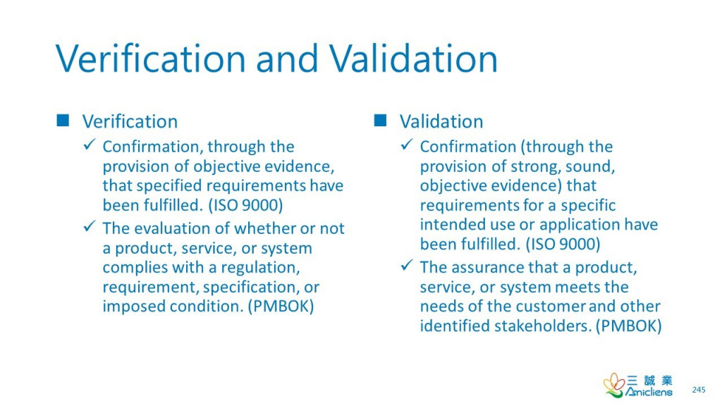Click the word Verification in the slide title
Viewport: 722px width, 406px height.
click(x=151, y=59)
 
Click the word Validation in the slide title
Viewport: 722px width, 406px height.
click(x=413, y=59)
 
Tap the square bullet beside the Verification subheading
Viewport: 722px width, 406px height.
click(x=63, y=121)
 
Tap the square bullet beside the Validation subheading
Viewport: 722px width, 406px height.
click(x=380, y=121)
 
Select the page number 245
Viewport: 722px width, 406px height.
click(x=699, y=390)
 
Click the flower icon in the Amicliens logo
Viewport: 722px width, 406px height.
click(x=613, y=385)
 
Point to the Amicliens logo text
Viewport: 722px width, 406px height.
click(x=649, y=392)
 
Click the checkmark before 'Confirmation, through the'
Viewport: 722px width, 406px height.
click(x=90, y=144)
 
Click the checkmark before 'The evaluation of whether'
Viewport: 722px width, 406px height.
click(x=90, y=226)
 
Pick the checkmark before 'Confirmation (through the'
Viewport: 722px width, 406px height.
click(x=407, y=144)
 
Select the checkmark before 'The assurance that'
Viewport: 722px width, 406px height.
click(x=407, y=265)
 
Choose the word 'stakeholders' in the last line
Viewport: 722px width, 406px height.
click(x=543, y=326)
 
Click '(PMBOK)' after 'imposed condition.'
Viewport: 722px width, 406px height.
click(x=281, y=307)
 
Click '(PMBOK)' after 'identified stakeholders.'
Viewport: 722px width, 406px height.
click(x=628, y=326)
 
